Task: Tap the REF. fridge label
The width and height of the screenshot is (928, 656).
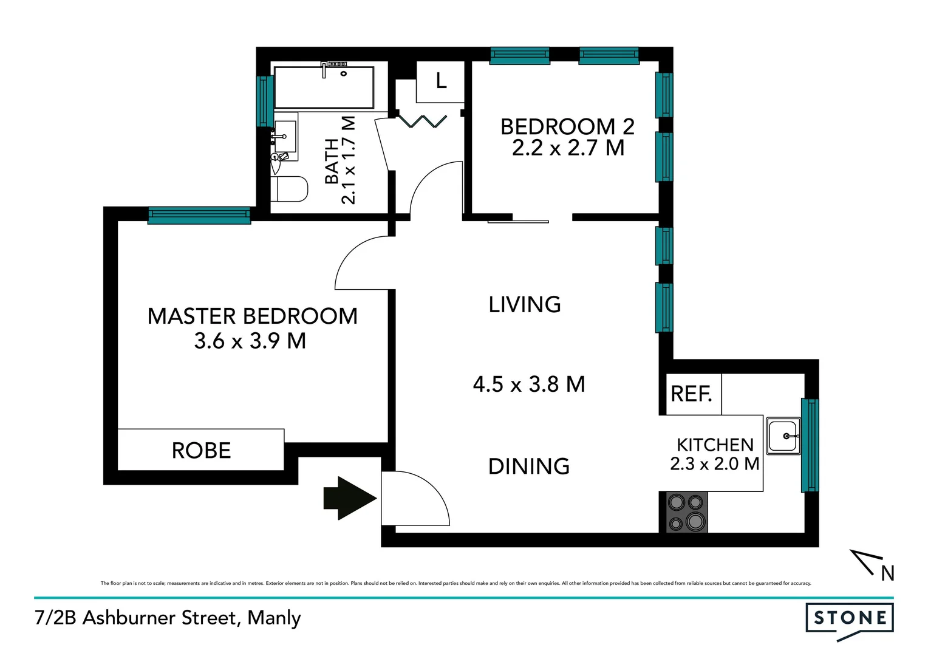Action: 691,394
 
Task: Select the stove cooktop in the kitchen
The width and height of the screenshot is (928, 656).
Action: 686,512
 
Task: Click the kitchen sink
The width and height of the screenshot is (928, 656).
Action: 783,436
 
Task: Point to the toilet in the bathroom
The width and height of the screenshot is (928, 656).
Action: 290,189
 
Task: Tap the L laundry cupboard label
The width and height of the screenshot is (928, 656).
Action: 441,81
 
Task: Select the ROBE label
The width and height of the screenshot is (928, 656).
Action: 201,451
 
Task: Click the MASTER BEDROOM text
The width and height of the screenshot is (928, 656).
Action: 252,316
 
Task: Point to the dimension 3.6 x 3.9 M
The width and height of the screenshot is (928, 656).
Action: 250,341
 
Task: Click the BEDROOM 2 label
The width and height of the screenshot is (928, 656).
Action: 567,127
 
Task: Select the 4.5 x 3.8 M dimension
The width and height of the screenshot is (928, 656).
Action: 528,384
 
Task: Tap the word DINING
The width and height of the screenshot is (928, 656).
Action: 528,466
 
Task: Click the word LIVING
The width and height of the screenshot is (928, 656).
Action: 525,304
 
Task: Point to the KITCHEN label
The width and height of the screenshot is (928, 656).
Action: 715,445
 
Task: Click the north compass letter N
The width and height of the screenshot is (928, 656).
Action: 887,573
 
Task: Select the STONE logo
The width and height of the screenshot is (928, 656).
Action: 849,618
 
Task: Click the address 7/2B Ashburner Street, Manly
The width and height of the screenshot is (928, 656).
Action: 168,618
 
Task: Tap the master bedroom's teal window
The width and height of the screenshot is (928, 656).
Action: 199,215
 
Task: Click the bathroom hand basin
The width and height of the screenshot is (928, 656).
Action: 285,137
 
